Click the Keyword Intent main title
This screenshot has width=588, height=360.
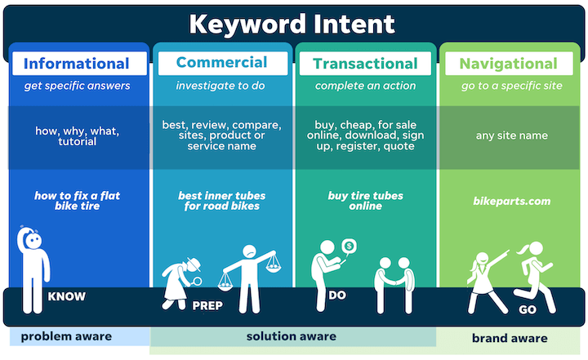coord(292,24)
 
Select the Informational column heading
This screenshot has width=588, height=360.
coord(77,64)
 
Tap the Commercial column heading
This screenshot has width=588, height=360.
coord(221,62)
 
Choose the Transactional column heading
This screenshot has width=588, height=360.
coord(365,64)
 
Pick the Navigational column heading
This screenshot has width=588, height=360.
coord(509,64)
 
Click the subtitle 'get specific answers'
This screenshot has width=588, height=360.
coord(78,86)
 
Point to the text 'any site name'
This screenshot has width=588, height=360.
coord(512,136)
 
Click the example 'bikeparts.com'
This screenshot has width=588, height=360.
coord(512,201)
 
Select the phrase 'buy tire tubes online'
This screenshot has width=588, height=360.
coord(366,201)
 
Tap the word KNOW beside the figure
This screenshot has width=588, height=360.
coord(67,296)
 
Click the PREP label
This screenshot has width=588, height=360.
coord(207,305)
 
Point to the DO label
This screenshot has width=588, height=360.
coord(337,296)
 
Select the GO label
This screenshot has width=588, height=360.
coord(528,309)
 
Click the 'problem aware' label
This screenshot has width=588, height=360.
coord(66,336)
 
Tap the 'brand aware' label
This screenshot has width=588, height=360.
coord(510,338)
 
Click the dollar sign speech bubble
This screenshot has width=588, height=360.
coord(350,247)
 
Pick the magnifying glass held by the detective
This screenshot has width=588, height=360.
coord(196,282)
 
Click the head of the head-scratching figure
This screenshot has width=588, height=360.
coord(33,240)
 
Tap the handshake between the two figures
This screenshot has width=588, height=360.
coord(394,281)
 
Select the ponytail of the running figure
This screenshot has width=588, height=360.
coord(522,249)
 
